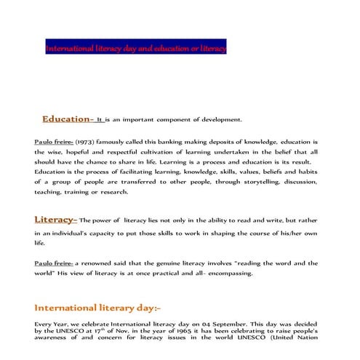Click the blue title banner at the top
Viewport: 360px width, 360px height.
(136, 49)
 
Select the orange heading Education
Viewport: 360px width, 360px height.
(65, 119)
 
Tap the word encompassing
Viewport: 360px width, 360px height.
(227, 273)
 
